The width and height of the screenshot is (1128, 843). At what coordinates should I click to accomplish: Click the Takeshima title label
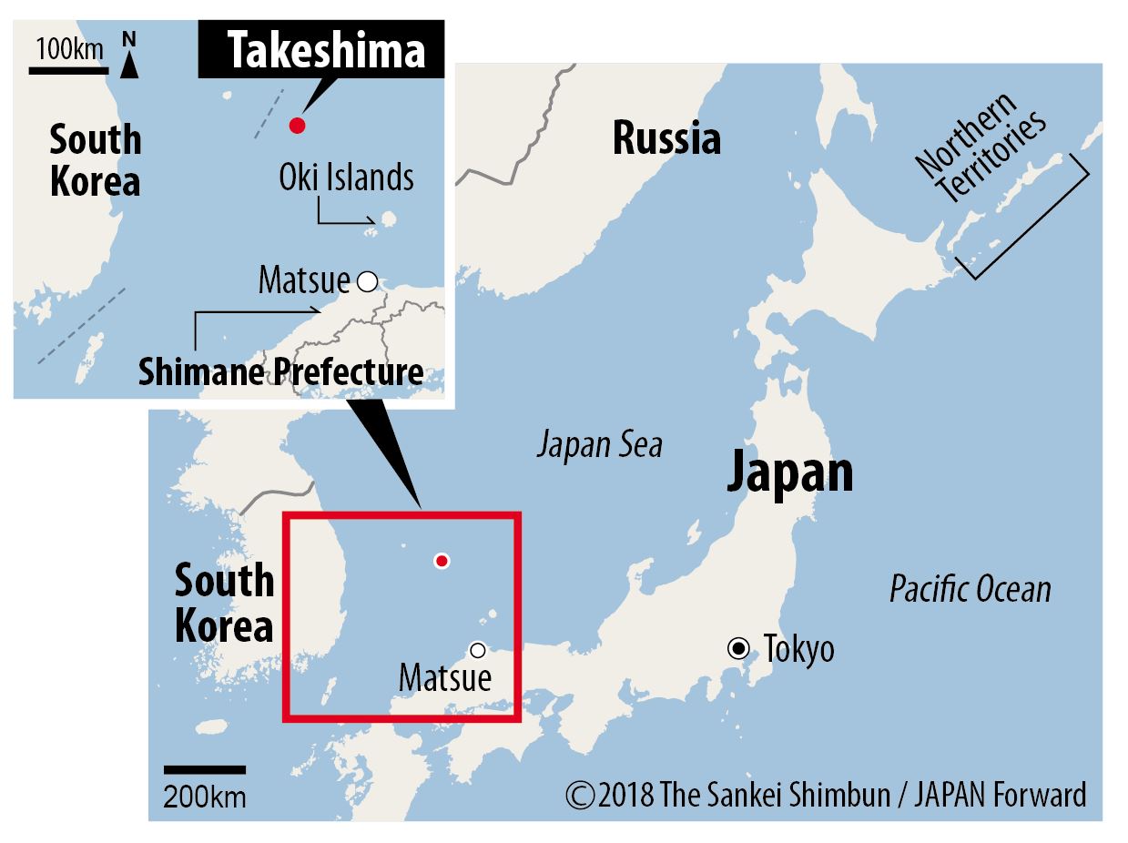tap(325, 52)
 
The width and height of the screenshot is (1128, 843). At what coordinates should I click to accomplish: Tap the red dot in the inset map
tap(296, 126)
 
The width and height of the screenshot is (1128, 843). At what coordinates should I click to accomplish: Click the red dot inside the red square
tap(442, 561)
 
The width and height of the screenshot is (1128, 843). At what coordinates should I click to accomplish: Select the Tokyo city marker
tap(738, 649)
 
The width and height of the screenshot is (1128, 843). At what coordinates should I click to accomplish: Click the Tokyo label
tap(798, 650)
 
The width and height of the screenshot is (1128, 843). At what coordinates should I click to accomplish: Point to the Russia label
tap(666, 139)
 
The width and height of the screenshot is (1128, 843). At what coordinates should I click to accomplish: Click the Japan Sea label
tap(599, 446)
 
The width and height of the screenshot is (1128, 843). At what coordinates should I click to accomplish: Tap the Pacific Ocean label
tap(970, 590)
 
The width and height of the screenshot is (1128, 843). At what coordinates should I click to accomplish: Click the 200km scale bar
tap(205, 770)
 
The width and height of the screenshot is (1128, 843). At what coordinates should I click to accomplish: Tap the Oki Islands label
tap(346, 178)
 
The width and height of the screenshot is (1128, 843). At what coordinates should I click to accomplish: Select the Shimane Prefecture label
tap(280, 371)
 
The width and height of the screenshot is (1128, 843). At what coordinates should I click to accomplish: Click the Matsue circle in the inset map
tap(367, 282)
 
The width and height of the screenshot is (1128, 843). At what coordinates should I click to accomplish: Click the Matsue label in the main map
tap(445, 678)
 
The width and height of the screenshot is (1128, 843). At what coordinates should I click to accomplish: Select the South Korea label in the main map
tap(223, 603)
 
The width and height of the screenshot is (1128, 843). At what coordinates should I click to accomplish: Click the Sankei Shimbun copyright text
tap(826, 795)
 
